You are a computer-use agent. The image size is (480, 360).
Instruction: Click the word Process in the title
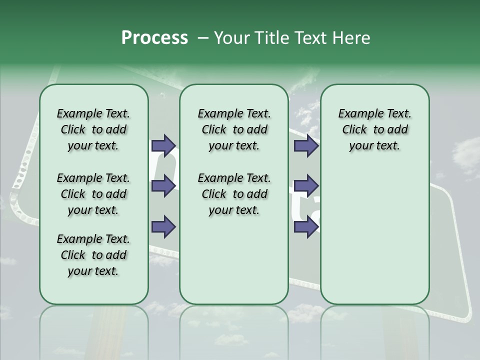point(154,38)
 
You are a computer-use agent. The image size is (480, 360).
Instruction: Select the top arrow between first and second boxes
point(163,145)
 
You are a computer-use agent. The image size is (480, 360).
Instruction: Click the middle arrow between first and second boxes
point(163,186)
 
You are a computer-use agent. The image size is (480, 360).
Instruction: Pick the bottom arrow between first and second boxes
point(163,226)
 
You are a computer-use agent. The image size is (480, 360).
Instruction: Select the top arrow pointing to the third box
point(306,145)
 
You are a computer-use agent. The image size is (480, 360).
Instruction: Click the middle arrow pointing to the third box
point(306,186)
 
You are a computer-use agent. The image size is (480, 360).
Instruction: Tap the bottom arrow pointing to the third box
point(306,226)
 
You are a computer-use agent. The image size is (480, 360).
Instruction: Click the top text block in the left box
point(93,129)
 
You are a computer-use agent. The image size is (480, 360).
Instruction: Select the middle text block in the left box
point(93,194)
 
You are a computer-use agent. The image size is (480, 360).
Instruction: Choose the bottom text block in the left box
point(93,255)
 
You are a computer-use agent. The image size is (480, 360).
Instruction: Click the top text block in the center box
point(234,129)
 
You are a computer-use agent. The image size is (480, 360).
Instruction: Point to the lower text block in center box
point(234,194)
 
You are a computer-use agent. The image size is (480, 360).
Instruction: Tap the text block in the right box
point(374,129)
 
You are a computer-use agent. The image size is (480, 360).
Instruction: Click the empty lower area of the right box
point(374,240)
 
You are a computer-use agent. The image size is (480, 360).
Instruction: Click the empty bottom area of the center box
point(234,265)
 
